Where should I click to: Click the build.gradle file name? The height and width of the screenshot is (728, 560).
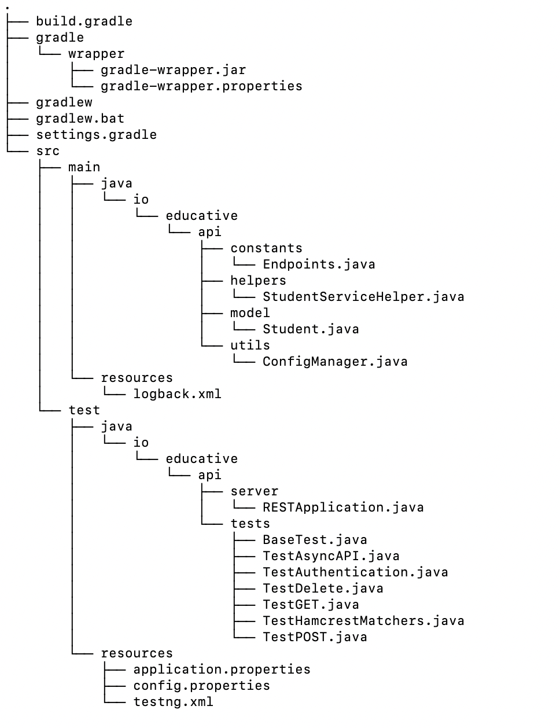84,21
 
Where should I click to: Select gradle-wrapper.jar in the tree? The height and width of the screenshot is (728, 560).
173,70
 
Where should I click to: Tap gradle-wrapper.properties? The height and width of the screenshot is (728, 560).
201,86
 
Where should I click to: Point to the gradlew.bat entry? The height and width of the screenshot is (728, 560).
80,119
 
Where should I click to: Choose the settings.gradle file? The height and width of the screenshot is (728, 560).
96,135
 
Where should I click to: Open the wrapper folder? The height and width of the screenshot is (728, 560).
96,54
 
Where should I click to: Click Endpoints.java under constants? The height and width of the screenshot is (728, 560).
319,264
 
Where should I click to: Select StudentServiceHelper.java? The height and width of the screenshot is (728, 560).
363,297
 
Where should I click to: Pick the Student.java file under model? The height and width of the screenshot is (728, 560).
311,329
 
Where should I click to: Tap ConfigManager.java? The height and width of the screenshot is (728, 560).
335,362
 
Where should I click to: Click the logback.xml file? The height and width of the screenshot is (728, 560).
177,394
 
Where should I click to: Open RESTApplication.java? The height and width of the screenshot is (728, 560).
343,508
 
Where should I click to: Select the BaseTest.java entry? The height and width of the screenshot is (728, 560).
315,540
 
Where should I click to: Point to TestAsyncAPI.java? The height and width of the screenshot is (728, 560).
331,556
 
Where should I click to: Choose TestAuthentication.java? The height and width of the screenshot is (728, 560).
355,572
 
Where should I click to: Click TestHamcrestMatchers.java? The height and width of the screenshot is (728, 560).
363,621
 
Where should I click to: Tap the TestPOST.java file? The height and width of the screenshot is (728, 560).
315,637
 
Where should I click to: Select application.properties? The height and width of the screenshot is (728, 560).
222,670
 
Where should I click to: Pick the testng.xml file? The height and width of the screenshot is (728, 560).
173,702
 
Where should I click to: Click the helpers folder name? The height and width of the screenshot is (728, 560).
258,281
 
